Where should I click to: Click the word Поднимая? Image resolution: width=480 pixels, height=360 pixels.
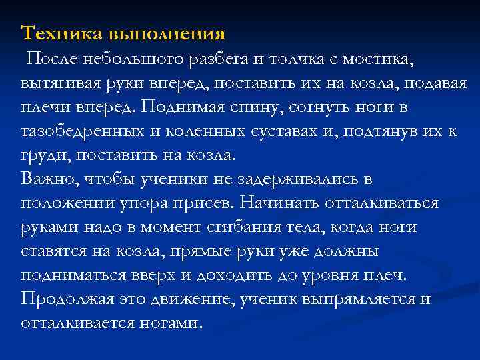pos(183,108)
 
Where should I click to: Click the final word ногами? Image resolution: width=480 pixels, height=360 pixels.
pos(173,322)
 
